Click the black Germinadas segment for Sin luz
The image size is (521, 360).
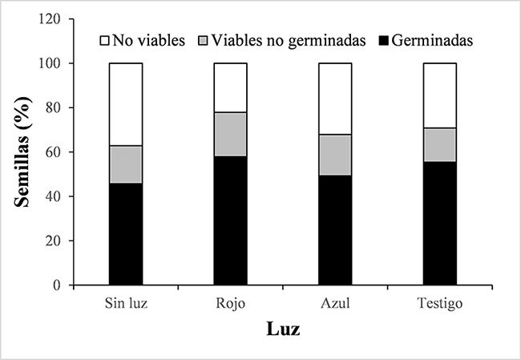coord(125,233)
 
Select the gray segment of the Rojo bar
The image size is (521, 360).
coord(230,134)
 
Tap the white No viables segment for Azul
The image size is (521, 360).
coord(335,99)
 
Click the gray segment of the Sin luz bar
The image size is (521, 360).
coord(125,164)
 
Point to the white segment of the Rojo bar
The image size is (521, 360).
coord(230,87)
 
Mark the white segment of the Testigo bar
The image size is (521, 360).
coord(440,95)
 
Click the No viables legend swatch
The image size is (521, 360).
coord(105,38)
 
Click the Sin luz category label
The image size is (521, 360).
coord(125,305)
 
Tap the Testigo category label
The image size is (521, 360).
coord(440,305)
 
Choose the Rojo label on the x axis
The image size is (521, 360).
coord(230,305)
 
